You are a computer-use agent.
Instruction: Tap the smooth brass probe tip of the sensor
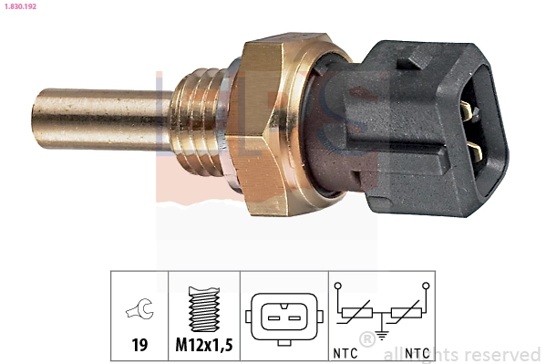[91, 119]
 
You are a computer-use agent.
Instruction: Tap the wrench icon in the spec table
[139, 312]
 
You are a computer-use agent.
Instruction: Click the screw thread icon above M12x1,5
[203, 310]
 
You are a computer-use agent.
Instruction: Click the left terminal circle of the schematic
[339, 286]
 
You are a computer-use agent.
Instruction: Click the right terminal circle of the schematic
[425, 286]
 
